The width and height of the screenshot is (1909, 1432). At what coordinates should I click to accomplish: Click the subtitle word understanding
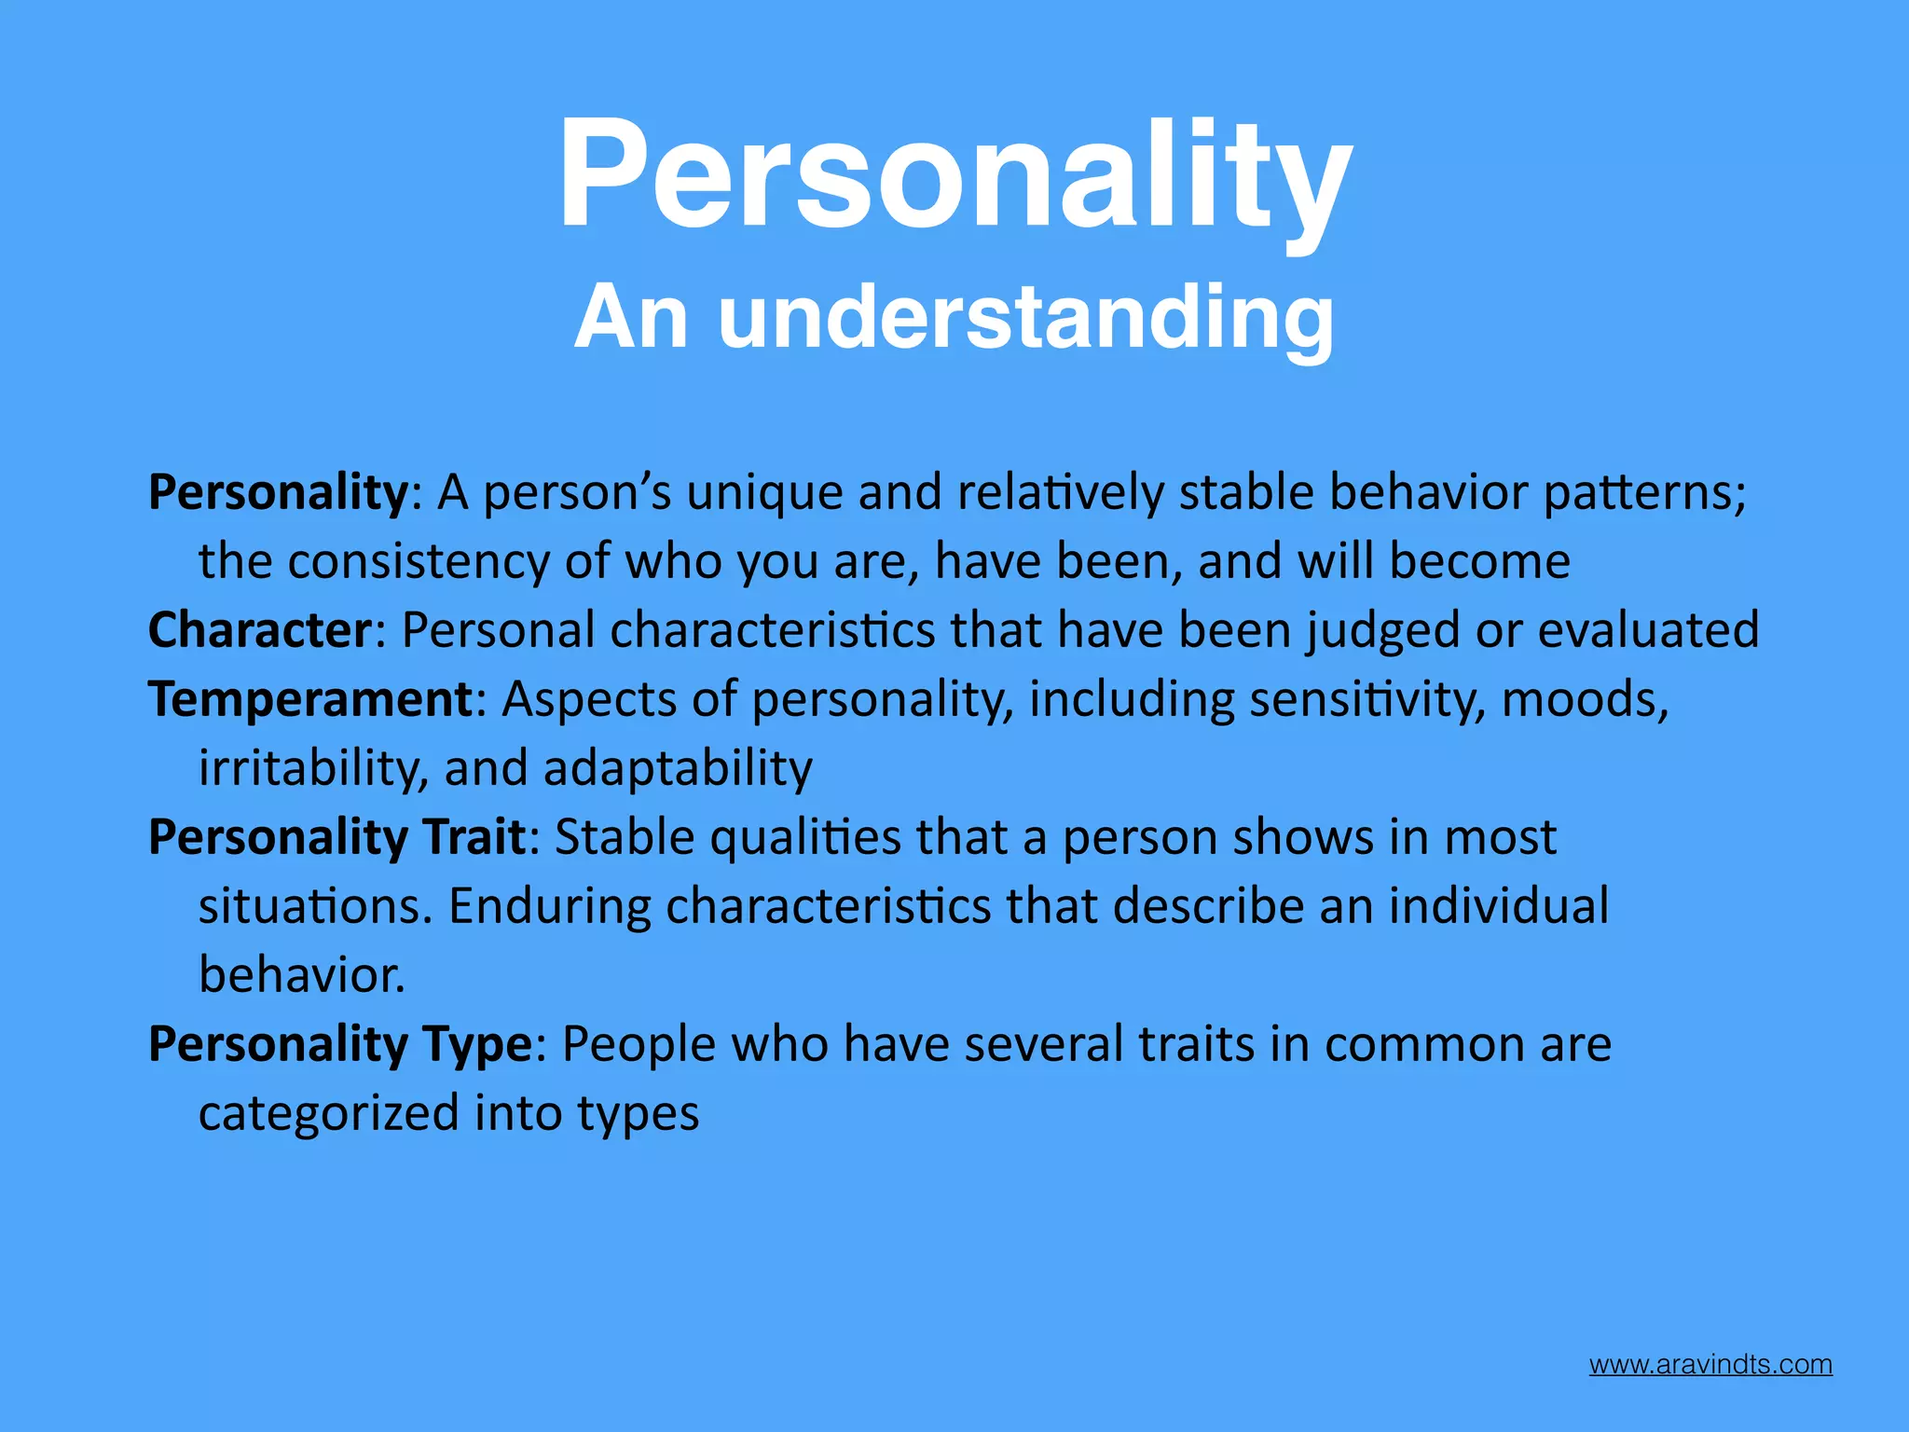[x=1025, y=318]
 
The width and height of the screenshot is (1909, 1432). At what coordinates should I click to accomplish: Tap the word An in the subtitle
[x=631, y=318]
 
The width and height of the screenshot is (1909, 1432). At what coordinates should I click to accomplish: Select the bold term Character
[x=260, y=630]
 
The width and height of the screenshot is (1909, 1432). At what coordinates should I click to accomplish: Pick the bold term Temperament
[x=311, y=699]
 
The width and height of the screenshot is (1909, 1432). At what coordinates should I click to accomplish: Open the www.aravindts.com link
[x=1710, y=1365]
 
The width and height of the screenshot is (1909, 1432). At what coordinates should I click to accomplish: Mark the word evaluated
[x=1647, y=630]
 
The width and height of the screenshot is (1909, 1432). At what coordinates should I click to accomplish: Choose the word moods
[x=1584, y=699]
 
